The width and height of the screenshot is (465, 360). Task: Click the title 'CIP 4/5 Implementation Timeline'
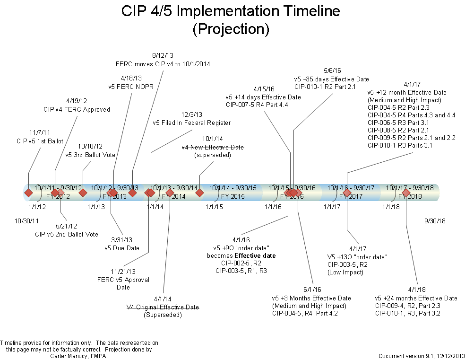231,11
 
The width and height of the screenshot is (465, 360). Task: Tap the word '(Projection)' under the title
231,29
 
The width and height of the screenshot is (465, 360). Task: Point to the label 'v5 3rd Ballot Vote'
90,155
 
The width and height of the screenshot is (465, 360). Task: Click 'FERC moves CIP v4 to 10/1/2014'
163,63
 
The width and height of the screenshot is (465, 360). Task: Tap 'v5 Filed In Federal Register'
192,123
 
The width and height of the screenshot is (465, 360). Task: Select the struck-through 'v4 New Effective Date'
213,148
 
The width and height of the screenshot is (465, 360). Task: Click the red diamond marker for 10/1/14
199,193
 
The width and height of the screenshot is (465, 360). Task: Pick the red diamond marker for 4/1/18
406,193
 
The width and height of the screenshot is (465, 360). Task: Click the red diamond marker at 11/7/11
28,193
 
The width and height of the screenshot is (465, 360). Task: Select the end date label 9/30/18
435,221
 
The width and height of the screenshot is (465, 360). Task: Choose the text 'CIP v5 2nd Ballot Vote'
67,234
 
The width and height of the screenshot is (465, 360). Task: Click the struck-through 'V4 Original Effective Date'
163,307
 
